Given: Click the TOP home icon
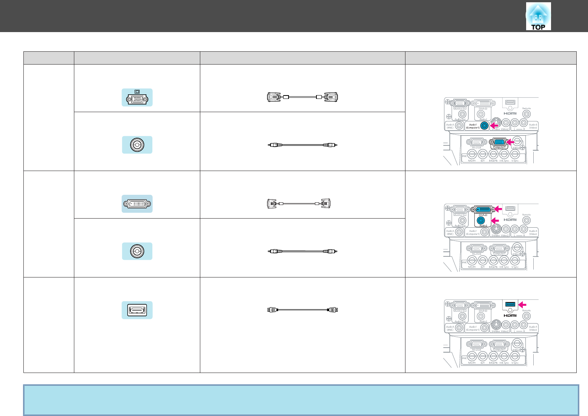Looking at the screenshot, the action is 538,17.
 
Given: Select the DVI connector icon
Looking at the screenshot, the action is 137,204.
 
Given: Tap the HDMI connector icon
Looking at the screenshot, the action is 137,310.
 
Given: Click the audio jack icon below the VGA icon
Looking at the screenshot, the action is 137,145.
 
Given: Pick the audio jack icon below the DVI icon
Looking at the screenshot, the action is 137,251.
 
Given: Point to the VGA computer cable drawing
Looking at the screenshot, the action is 302,97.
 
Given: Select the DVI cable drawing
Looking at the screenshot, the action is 299,203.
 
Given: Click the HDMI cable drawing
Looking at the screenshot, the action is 302,310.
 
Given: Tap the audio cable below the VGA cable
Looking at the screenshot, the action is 302,145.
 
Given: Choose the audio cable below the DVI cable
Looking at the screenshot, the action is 302,251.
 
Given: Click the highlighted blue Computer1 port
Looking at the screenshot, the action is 499,142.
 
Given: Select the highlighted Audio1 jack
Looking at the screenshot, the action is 484,126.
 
